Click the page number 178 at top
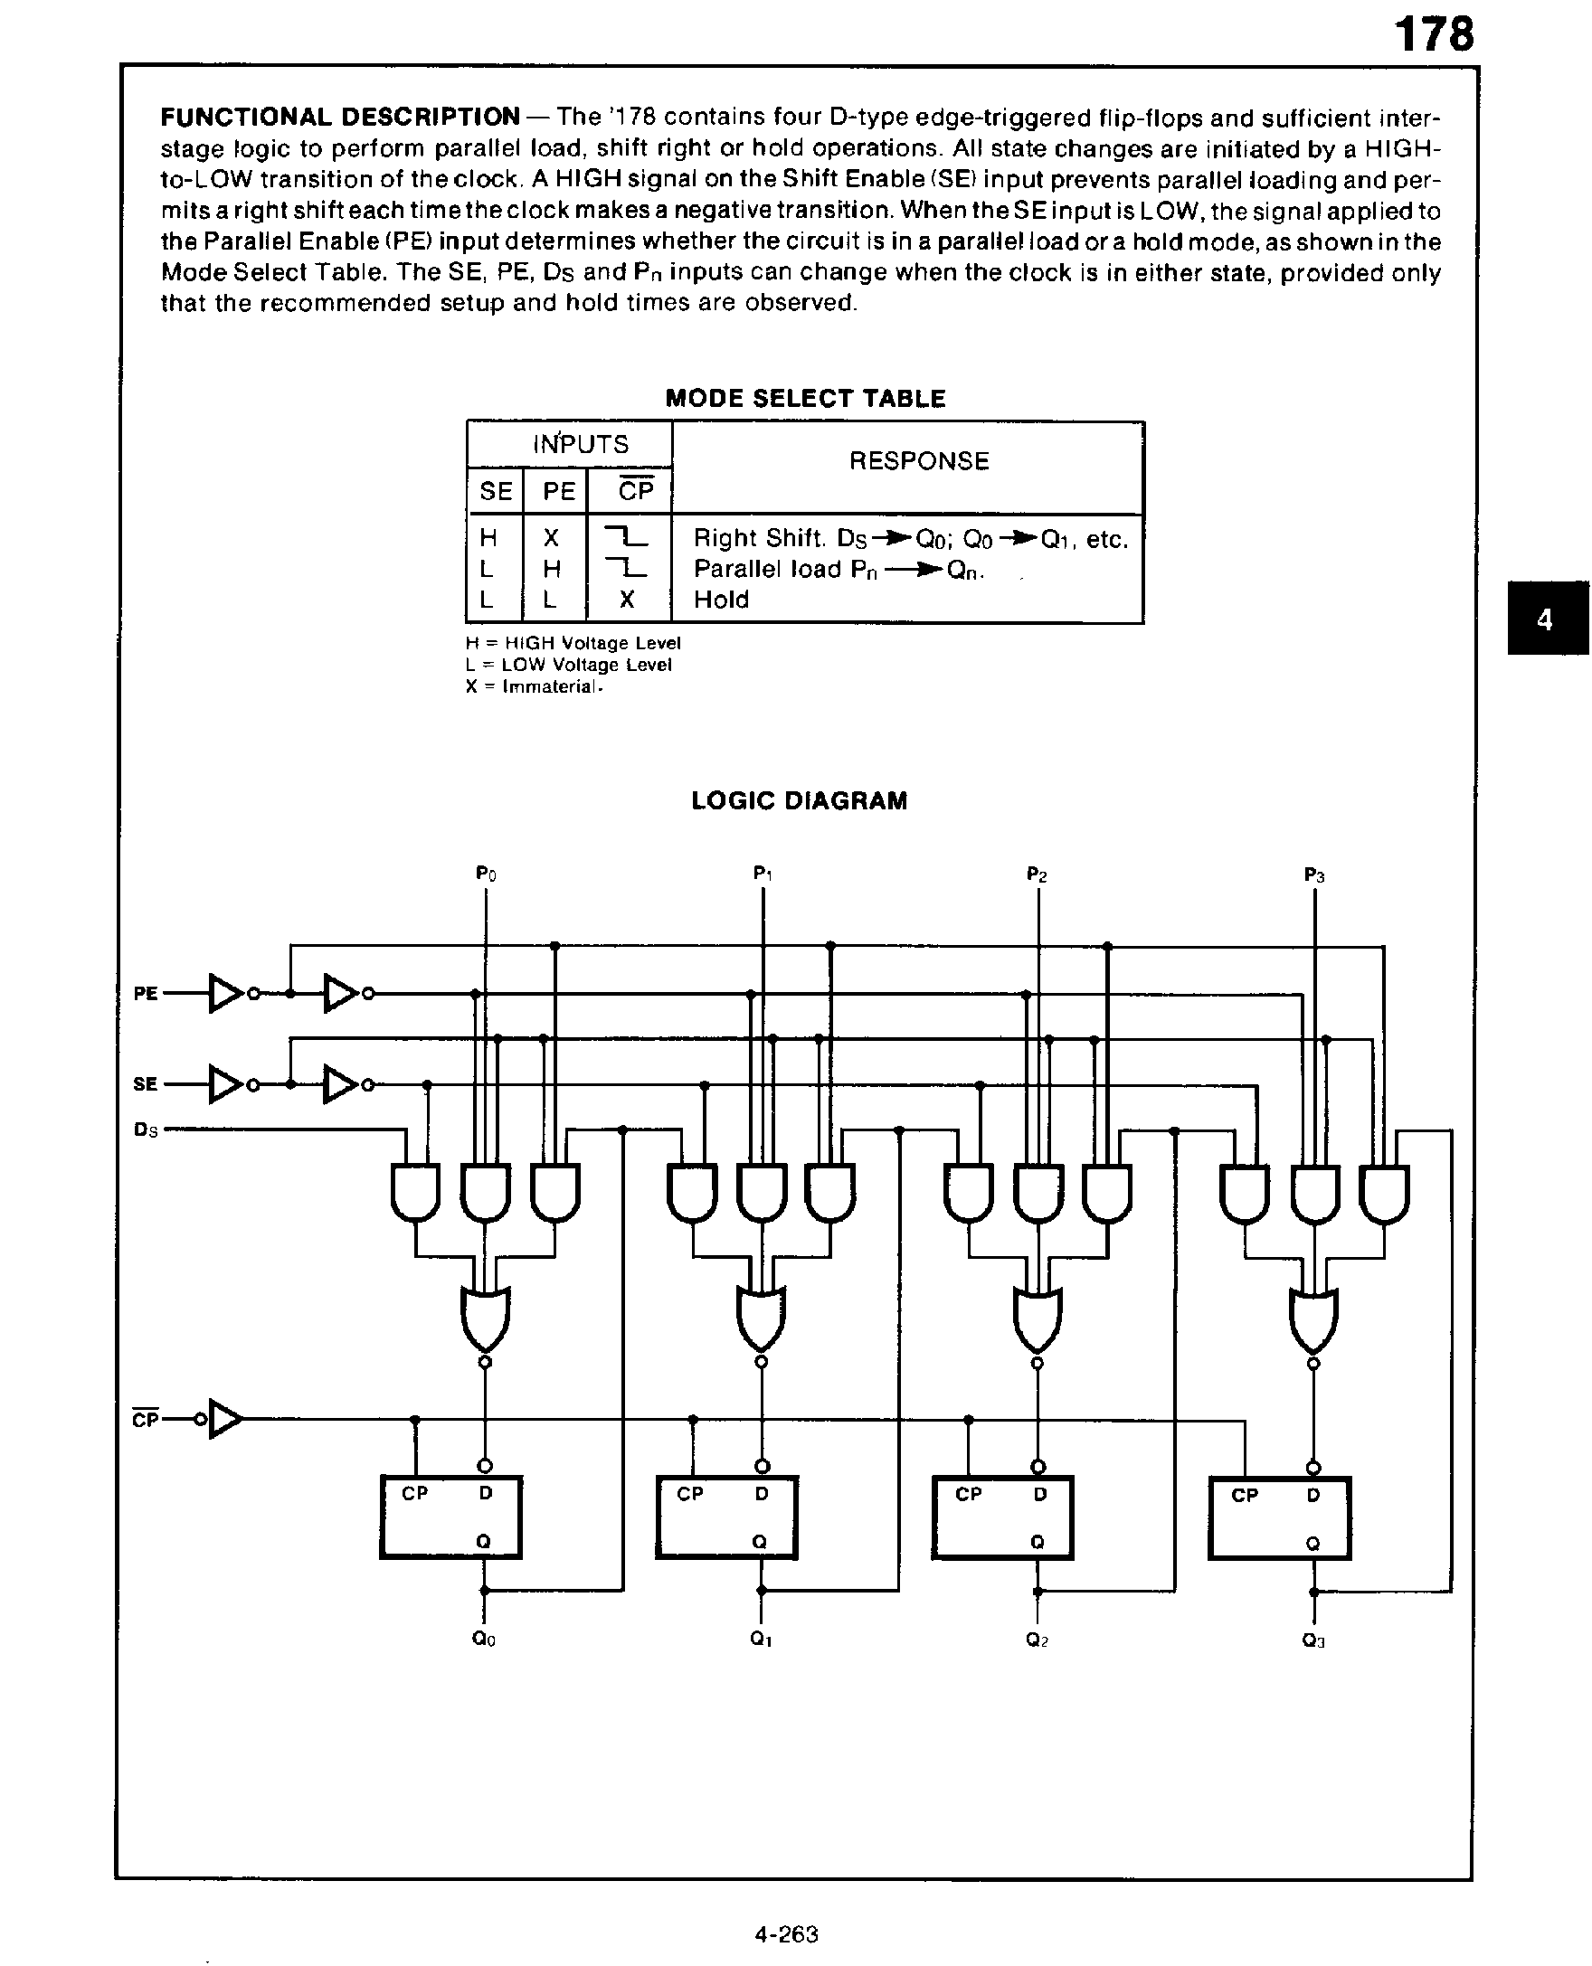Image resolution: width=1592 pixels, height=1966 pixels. (x=1434, y=34)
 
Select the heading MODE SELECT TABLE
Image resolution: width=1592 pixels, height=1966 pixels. (x=804, y=399)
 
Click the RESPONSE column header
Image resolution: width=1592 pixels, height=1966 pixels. (x=918, y=461)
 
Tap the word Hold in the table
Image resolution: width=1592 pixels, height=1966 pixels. (x=721, y=600)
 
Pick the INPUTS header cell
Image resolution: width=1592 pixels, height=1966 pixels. (x=581, y=445)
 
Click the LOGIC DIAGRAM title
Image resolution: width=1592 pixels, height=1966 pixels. (x=799, y=800)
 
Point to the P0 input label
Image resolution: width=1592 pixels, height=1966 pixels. (x=486, y=874)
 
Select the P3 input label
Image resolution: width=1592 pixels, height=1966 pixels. (x=1313, y=875)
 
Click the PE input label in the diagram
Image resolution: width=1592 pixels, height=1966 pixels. (x=146, y=994)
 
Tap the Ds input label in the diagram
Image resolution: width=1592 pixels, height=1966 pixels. (x=146, y=1130)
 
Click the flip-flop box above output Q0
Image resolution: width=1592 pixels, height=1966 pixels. (x=450, y=1517)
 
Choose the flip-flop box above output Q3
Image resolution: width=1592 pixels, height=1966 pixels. (x=1279, y=1518)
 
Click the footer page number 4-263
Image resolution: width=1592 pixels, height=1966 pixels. (x=786, y=1935)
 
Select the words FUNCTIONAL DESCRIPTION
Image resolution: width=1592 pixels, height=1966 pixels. (x=340, y=118)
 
